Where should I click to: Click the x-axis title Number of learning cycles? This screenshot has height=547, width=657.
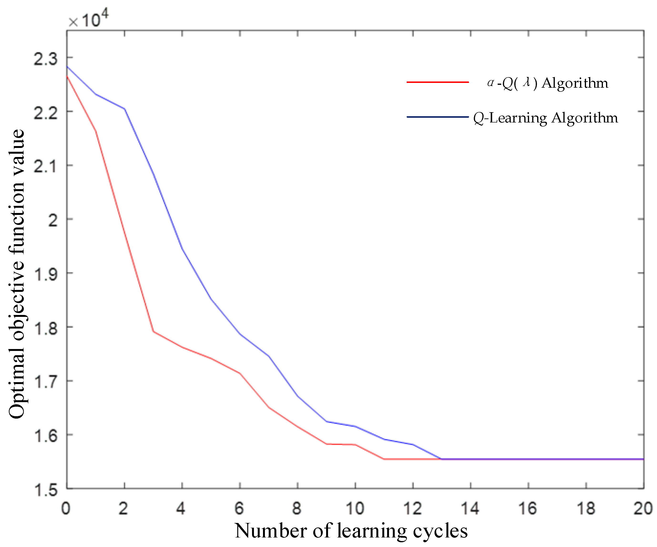click(351, 531)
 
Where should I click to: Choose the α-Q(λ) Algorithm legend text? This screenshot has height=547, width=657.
click(547, 83)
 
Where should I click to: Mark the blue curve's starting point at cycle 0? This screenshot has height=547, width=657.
click(67, 66)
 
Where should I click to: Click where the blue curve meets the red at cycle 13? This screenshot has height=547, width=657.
click(441, 459)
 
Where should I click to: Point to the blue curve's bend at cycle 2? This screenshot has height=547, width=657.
click(125, 109)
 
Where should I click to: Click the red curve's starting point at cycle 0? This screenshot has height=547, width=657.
click(67, 76)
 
